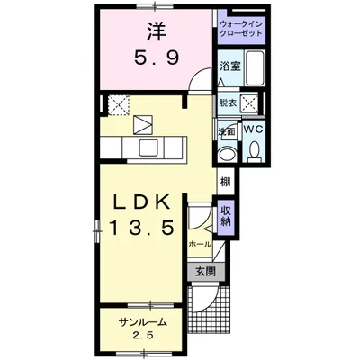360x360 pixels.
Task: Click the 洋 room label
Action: (157, 31)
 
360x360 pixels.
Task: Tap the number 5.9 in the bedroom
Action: (157, 58)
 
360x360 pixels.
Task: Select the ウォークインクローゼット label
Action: (241, 29)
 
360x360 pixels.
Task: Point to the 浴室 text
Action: (230, 67)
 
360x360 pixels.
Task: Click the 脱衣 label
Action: (228, 103)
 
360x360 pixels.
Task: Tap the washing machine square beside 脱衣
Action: (249, 103)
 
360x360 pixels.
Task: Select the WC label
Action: (253, 130)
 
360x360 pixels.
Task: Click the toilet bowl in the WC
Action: (255, 150)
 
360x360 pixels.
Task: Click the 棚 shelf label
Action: (226, 182)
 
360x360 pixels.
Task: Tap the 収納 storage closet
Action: (225, 217)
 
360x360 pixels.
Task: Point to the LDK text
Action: (141, 204)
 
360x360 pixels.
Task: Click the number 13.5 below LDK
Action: (141, 228)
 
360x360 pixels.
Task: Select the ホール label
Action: (200, 245)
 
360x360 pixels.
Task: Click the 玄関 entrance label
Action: (206, 272)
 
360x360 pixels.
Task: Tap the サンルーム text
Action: (143, 322)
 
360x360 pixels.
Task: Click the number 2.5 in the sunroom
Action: (143, 335)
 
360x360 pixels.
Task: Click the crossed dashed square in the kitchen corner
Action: (119, 103)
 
